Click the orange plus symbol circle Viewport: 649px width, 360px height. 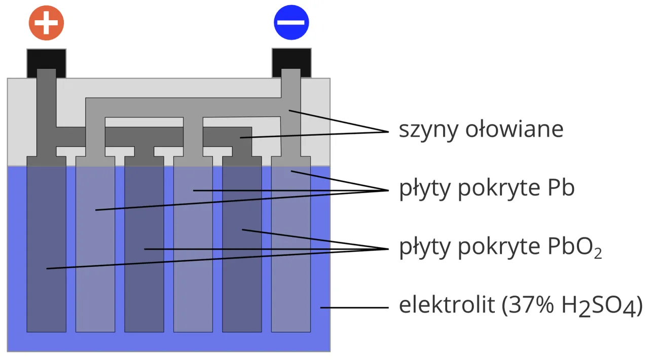click(x=46, y=23)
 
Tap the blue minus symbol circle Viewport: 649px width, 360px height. click(x=292, y=23)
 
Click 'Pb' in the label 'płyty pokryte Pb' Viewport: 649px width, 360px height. click(x=561, y=188)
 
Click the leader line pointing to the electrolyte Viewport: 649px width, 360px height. click(x=355, y=307)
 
